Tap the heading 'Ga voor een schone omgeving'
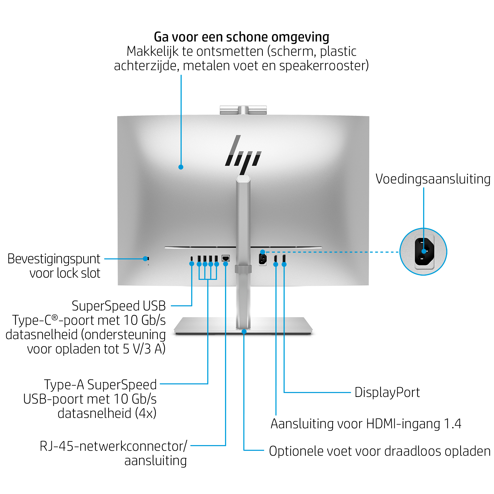(x=241, y=37)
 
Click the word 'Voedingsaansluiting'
(x=433, y=179)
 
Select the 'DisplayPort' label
(x=387, y=392)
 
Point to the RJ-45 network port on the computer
(x=226, y=258)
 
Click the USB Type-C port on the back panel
(x=191, y=258)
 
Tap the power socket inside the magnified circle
(x=424, y=252)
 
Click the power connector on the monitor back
(x=263, y=259)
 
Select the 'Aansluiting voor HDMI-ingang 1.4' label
(x=366, y=424)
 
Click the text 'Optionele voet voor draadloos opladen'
(x=380, y=451)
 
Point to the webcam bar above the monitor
(x=243, y=110)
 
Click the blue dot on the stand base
(x=244, y=332)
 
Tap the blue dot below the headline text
(x=181, y=167)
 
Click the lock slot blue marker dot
(x=145, y=259)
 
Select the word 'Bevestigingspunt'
(x=54, y=259)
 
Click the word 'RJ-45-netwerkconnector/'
(x=114, y=446)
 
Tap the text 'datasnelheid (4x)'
(x=107, y=413)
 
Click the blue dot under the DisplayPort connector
(x=284, y=265)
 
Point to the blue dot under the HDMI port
(x=276, y=265)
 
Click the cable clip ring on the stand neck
(x=243, y=269)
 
